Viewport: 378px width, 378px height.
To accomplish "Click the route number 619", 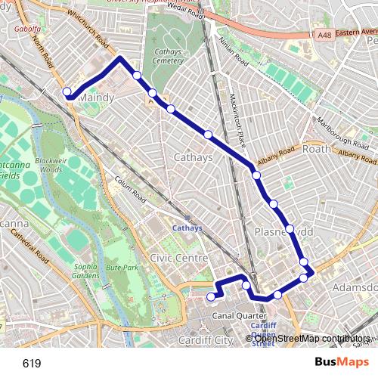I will (x=32, y=364).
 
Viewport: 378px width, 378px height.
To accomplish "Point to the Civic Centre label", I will (x=178, y=258).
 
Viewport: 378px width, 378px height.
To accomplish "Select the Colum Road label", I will (x=129, y=187).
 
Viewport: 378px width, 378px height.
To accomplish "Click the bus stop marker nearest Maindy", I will (x=67, y=91).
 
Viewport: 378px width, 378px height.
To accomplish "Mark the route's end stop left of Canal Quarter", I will (x=212, y=297).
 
